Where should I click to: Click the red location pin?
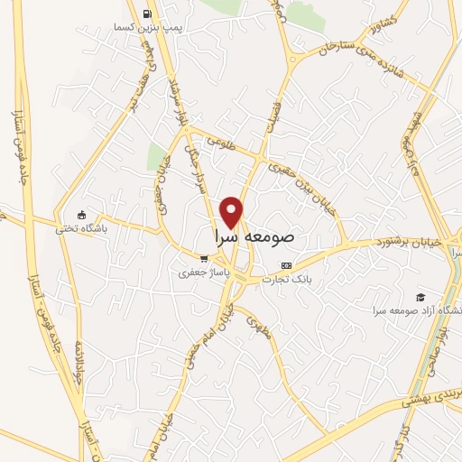(x=233, y=211)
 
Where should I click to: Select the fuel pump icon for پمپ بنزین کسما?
(x=147, y=14)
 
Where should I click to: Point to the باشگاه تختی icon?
(x=82, y=215)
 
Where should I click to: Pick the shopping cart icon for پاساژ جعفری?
(x=204, y=258)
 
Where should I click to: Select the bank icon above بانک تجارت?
(x=287, y=265)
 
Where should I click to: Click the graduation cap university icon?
(x=420, y=297)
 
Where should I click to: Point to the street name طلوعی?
(x=219, y=142)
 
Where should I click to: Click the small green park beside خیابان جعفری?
(x=156, y=155)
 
